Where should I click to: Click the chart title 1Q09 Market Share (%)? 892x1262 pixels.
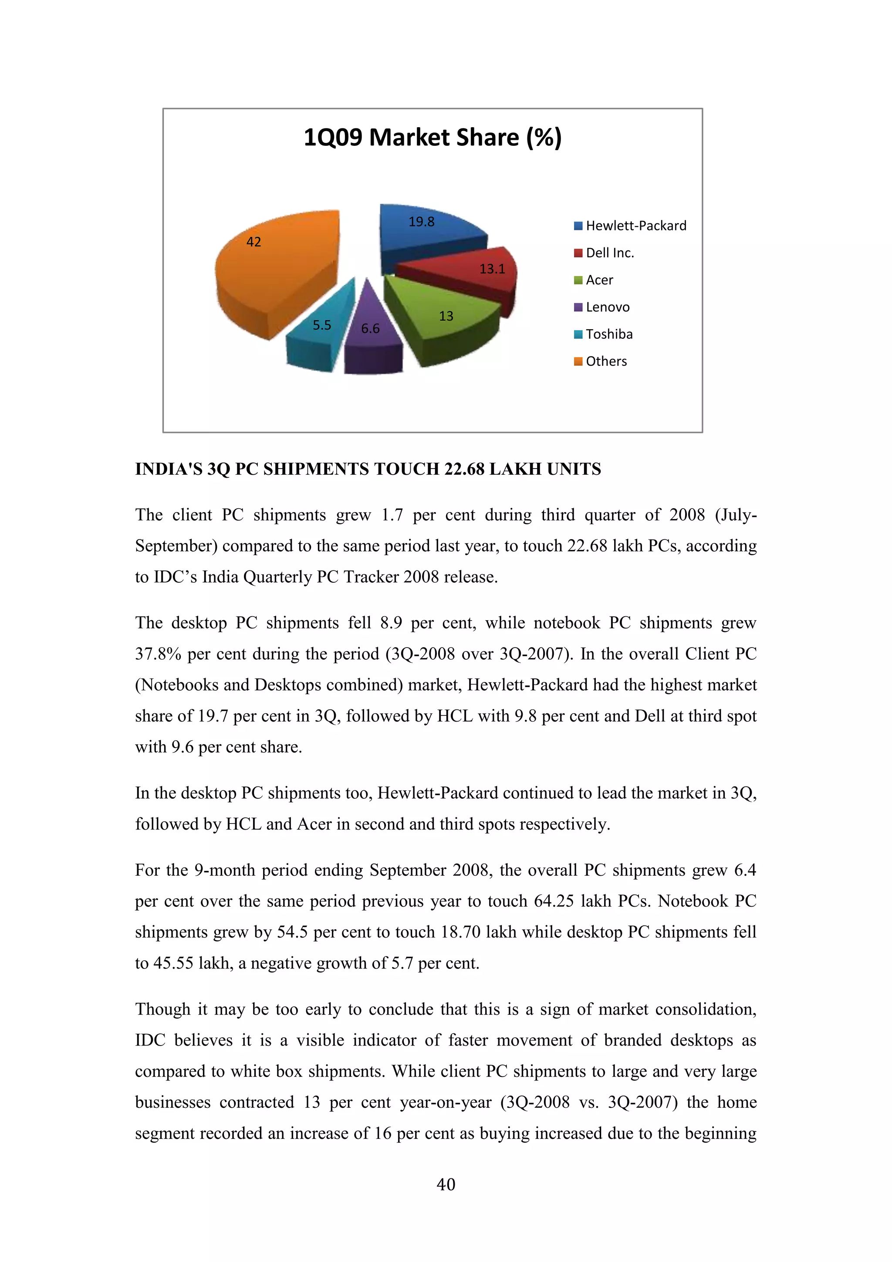pyautogui.click(x=432, y=138)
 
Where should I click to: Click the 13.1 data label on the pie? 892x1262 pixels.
pyautogui.click(x=492, y=269)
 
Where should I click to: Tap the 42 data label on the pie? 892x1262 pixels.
pyautogui.click(x=253, y=242)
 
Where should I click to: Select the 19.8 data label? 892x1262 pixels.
pyautogui.click(x=421, y=222)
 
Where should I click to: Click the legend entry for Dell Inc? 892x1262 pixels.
pyautogui.click(x=609, y=253)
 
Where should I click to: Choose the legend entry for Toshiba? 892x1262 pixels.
pyautogui.click(x=609, y=334)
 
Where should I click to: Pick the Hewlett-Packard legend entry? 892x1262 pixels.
pyautogui.click(x=636, y=226)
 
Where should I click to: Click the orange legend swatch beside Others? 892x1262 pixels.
pyautogui.click(x=578, y=361)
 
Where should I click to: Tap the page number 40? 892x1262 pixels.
pyautogui.click(x=446, y=1184)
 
